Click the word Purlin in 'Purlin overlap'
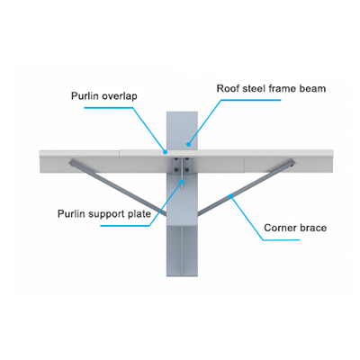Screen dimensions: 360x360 coord(85,96)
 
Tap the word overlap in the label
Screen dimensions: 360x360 coord(120,96)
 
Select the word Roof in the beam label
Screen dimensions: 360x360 coord(227,89)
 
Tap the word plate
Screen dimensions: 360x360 coord(138,214)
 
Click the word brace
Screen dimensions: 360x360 coord(313,228)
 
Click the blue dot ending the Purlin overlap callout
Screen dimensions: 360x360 coord(165,152)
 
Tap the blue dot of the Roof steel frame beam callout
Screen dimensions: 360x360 coord(188,144)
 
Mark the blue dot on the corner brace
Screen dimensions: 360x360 coord(230,196)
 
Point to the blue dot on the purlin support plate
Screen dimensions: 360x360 coord(182,181)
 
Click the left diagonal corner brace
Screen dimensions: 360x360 coord(118,188)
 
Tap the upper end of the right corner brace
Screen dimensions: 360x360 coord(292,162)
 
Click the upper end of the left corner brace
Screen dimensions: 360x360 coord(72,162)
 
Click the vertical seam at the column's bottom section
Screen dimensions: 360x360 coord(182,251)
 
